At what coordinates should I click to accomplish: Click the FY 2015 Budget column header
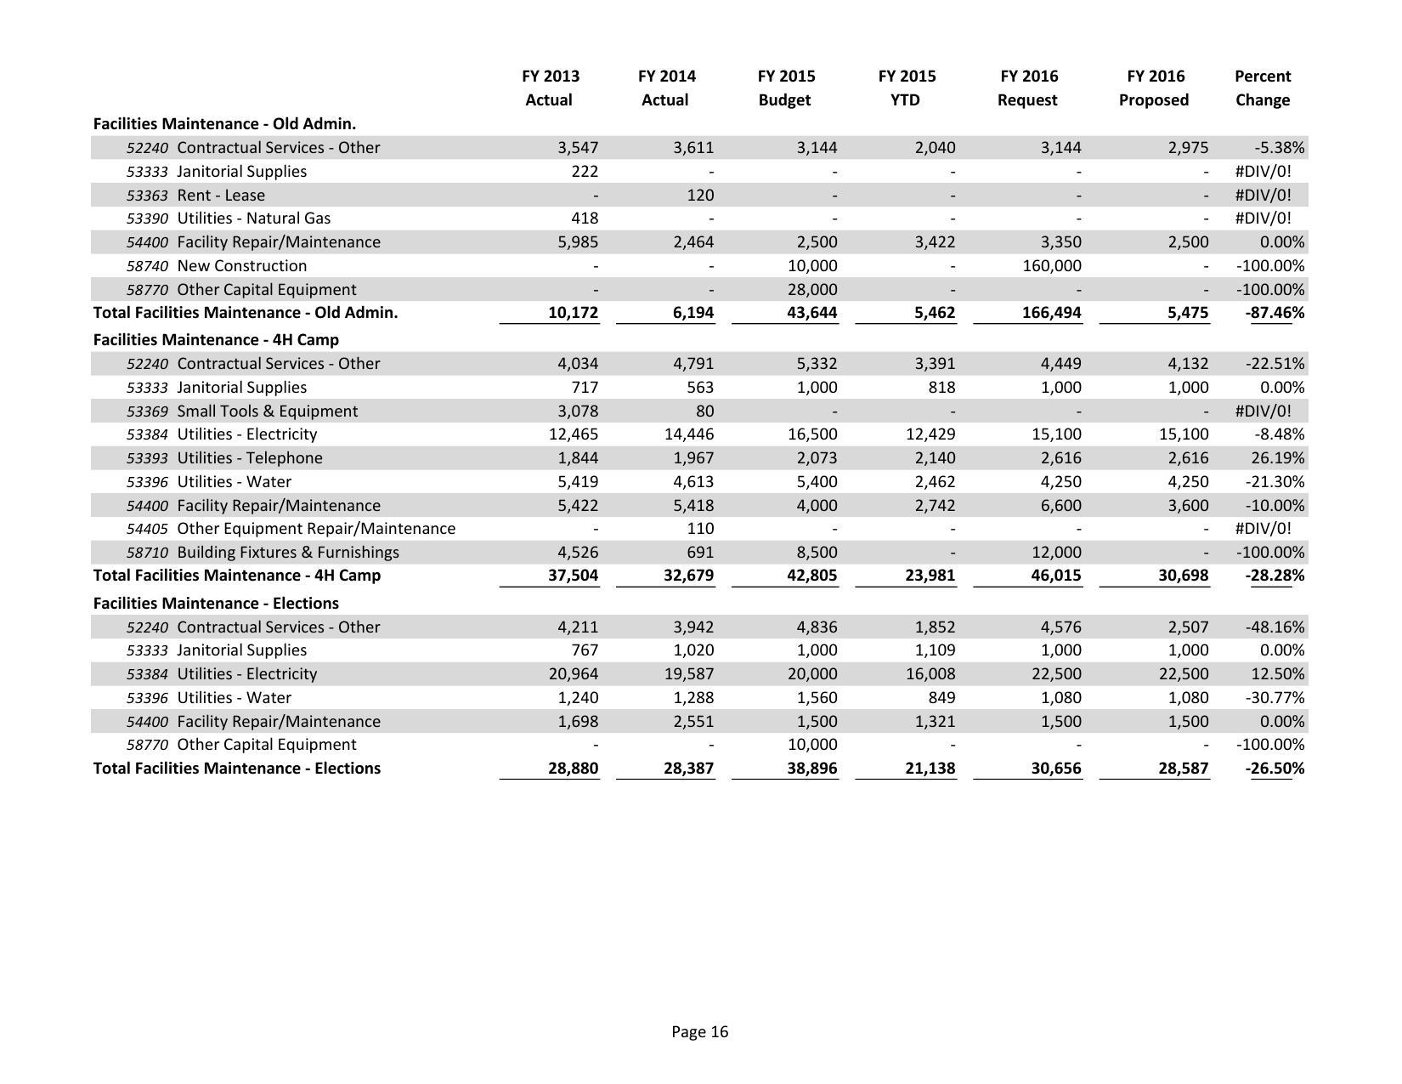[785, 88]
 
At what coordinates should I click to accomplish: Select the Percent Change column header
[1262, 88]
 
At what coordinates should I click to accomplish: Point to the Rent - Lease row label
[221, 196]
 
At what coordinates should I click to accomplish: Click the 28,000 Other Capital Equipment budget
[813, 290]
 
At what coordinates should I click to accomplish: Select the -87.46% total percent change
[1275, 313]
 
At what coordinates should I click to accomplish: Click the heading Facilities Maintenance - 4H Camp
[216, 340]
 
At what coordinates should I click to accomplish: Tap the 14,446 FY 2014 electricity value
[688, 434]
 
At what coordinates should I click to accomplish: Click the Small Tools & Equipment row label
[267, 411]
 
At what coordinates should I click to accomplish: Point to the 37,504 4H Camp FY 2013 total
[573, 576]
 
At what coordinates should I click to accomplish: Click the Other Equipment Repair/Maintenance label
[316, 529]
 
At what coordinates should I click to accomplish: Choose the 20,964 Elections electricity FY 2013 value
[573, 674]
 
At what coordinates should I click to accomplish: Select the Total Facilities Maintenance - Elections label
[236, 769]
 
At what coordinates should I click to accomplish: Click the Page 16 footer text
[699, 1032]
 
